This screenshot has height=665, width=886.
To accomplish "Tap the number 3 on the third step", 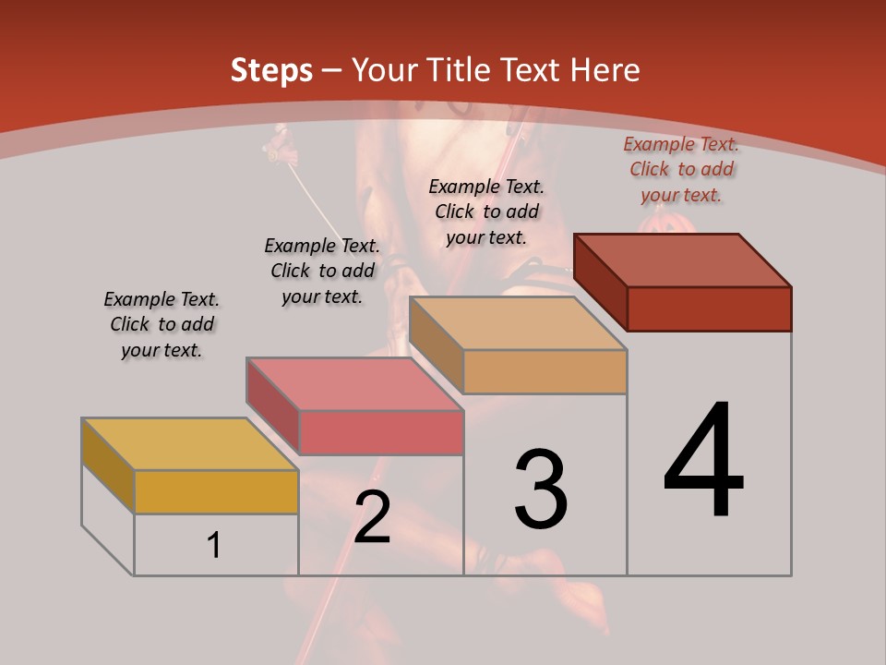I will coord(541,490).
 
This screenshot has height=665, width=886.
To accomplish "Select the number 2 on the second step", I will coord(372,516).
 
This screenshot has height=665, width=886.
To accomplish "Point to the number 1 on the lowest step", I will coord(214,545).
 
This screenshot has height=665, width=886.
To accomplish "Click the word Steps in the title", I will coord(271,70).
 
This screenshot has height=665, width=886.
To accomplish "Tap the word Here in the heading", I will coord(605,70).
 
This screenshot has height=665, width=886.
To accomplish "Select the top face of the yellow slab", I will coord(188,444).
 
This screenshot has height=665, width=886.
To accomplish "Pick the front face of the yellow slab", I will coord(216,491).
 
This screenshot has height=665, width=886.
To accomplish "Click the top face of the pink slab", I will coord(353,384).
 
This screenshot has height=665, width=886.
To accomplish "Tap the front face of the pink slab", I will coord(381,432).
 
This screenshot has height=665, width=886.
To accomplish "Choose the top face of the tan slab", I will coord(517,323).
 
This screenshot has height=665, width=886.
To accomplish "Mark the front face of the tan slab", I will coord(545,372).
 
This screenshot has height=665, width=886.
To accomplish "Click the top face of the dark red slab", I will coord(682,260).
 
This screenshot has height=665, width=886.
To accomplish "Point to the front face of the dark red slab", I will coord(709,308).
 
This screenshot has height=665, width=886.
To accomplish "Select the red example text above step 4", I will coord(681,169).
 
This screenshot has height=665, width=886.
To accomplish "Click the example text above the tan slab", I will coord(486,212).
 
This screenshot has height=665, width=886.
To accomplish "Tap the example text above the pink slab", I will coord(322,271).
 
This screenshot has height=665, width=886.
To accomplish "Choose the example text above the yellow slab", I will coord(162,324).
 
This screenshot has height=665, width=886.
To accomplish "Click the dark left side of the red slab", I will coord(601,282).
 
